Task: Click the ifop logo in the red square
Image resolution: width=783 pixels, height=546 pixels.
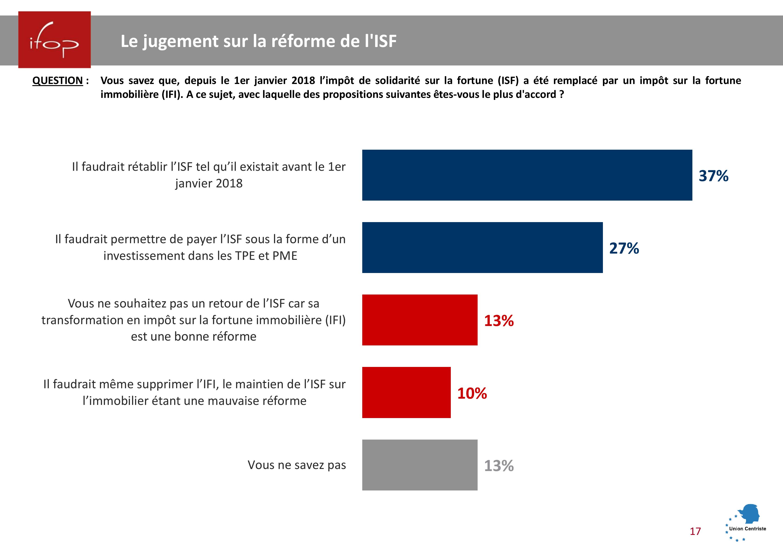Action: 54,40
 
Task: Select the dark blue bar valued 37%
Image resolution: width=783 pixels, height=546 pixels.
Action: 527,175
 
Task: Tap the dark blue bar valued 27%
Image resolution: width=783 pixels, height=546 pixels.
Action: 482,247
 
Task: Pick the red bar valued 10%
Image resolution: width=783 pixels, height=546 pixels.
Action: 406,392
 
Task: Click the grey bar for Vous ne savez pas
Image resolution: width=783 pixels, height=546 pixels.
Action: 419,465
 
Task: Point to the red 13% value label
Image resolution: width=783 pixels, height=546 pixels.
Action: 499,321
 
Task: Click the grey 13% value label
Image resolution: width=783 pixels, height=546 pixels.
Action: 499,466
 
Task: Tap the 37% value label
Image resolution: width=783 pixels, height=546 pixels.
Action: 713,176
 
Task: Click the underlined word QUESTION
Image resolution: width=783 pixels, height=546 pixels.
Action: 58,81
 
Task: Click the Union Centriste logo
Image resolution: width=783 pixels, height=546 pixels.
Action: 746,522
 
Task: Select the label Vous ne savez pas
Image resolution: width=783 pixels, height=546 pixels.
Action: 297,465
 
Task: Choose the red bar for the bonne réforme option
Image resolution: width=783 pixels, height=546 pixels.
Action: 419,320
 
